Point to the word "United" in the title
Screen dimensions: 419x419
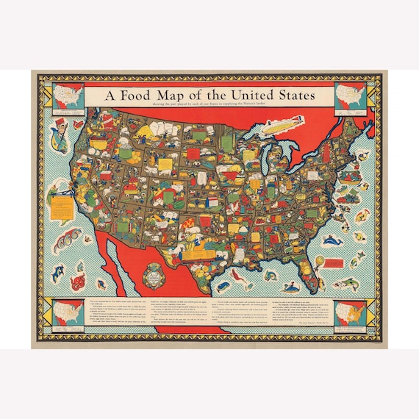pos(238,96)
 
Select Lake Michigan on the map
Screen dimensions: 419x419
pos(262,157)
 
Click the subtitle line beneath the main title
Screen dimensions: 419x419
pos(209,106)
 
